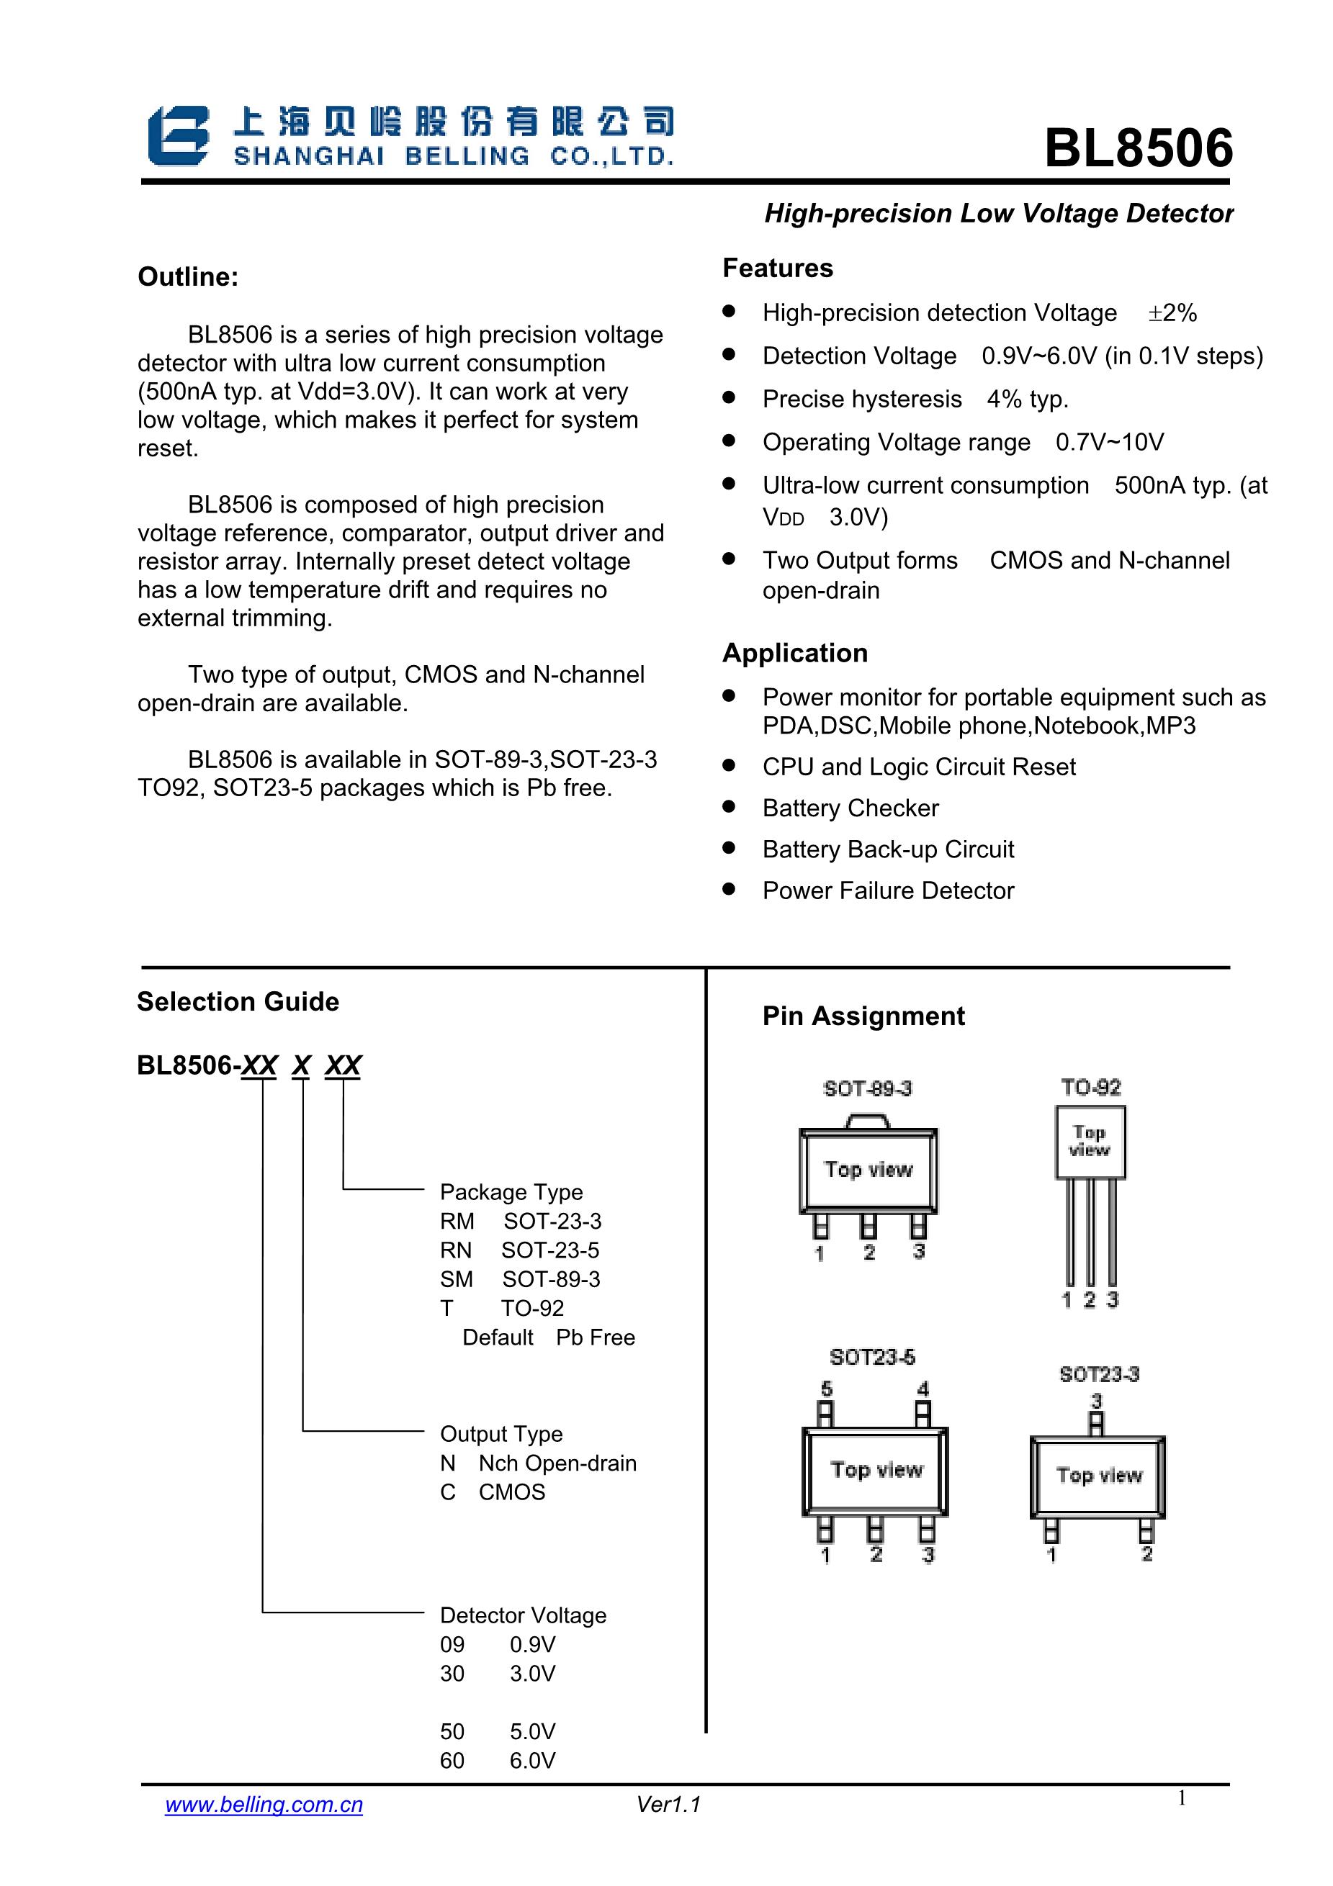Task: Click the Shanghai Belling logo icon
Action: click(177, 135)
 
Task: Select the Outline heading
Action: click(188, 277)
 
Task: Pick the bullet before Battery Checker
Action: click(728, 807)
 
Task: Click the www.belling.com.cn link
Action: click(264, 1804)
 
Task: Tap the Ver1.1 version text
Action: click(668, 1804)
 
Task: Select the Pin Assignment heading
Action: click(863, 1016)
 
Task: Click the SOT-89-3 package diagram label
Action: click(867, 1088)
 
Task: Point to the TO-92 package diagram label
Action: click(1090, 1087)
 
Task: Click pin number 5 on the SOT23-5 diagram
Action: click(827, 1388)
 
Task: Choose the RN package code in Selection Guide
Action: click(455, 1250)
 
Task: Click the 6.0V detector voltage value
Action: click(531, 1760)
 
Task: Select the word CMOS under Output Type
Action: click(511, 1492)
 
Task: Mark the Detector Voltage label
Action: click(523, 1615)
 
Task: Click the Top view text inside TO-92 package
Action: click(1089, 1141)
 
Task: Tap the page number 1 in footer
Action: click(1181, 1798)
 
